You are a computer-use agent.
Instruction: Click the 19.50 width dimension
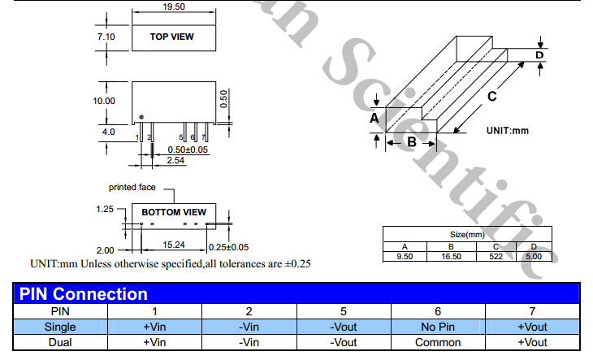click(173, 6)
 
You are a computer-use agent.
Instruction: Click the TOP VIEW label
click(173, 37)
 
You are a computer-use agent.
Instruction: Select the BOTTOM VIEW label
click(174, 212)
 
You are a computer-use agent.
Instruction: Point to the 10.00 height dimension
click(104, 101)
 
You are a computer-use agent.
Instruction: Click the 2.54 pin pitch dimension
click(175, 161)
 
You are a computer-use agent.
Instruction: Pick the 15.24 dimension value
click(171, 245)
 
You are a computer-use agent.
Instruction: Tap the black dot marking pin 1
click(141, 116)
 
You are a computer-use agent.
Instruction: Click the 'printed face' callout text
click(132, 187)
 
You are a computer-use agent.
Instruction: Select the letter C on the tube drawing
click(491, 97)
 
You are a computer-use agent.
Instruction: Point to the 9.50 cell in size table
click(405, 256)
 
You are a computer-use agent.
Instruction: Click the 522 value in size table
click(496, 256)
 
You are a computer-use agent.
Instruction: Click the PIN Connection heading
click(83, 293)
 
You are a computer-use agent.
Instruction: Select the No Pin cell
click(438, 327)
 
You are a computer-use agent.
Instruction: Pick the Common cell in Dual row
click(438, 342)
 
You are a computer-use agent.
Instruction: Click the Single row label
click(61, 327)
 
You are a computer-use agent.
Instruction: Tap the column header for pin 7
click(532, 310)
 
